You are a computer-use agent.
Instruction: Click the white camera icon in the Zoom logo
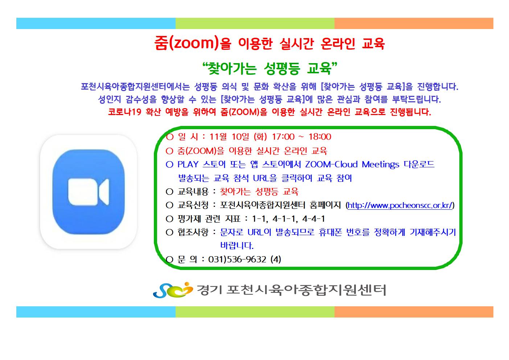89,192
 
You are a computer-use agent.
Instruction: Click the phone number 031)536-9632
237,259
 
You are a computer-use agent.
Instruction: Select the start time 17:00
283,137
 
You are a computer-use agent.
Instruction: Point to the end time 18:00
320,137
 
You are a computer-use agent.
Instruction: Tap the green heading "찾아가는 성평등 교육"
270,68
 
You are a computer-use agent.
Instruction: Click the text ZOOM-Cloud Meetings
352,164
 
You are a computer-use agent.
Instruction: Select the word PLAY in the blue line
188,164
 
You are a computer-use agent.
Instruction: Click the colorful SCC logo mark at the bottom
173,290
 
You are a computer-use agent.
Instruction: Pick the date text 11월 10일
229,137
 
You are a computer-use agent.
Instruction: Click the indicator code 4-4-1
313,219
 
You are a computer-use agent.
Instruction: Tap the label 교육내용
193,192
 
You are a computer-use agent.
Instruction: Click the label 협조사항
193,232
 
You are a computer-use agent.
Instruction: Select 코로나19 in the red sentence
124,112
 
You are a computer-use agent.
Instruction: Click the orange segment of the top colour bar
414,24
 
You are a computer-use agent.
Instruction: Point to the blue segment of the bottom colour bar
96,312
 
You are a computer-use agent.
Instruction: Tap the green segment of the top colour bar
255,24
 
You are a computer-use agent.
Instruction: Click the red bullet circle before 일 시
169,137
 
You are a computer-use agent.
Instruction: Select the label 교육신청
193,205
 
